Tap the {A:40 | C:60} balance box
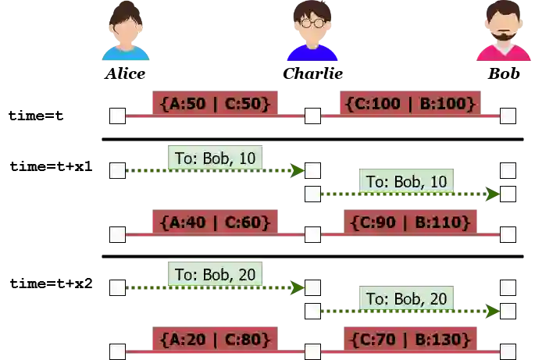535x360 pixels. (x=215, y=223)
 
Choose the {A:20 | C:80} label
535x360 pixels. (x=215, y=340)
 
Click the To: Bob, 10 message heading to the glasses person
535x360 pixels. (x=212, y=159)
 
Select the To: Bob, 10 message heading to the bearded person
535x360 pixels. (x=406, y=182)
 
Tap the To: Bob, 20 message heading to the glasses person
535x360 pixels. (x=212, y=275)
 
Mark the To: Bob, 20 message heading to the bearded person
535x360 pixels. (x=406, y=298)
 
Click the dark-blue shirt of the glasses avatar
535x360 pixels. (x=312, y=53)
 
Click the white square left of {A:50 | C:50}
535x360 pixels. (x=116, y=116)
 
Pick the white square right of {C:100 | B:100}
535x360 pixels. (x=508, y=116)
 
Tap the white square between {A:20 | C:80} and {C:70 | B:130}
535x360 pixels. (x=312, y=351)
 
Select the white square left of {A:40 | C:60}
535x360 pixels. (x=116, y=233)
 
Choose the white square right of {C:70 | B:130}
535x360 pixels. (x=508, y=351)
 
